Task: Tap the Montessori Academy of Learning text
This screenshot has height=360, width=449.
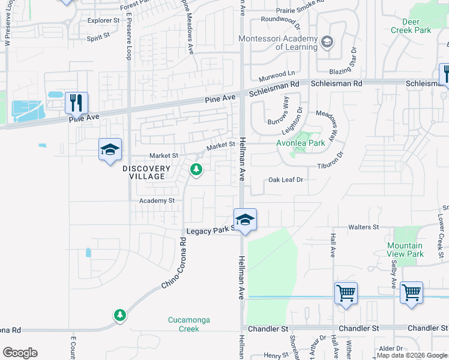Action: click(277, 43)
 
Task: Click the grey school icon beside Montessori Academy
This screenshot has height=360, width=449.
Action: click(327, 41)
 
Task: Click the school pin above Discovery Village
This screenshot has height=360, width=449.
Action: click(110, 149)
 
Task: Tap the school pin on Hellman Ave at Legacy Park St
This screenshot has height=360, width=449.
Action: click(245, 220)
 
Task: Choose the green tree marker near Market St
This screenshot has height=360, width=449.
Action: click(196, 170)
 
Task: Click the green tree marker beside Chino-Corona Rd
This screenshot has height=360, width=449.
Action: click(120, 314)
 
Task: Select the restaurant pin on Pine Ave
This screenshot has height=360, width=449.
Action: click(77, 103)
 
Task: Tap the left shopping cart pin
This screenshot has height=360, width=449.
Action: click(346, 293)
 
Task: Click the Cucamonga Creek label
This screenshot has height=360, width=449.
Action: click(189, 324)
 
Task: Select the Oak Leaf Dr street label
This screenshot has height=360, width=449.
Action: click(286, 179)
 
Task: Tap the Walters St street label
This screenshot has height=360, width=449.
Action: click(364, 227)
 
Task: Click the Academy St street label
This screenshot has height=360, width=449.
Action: click(157, 200)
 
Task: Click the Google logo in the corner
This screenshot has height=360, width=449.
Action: click(20, 353)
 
